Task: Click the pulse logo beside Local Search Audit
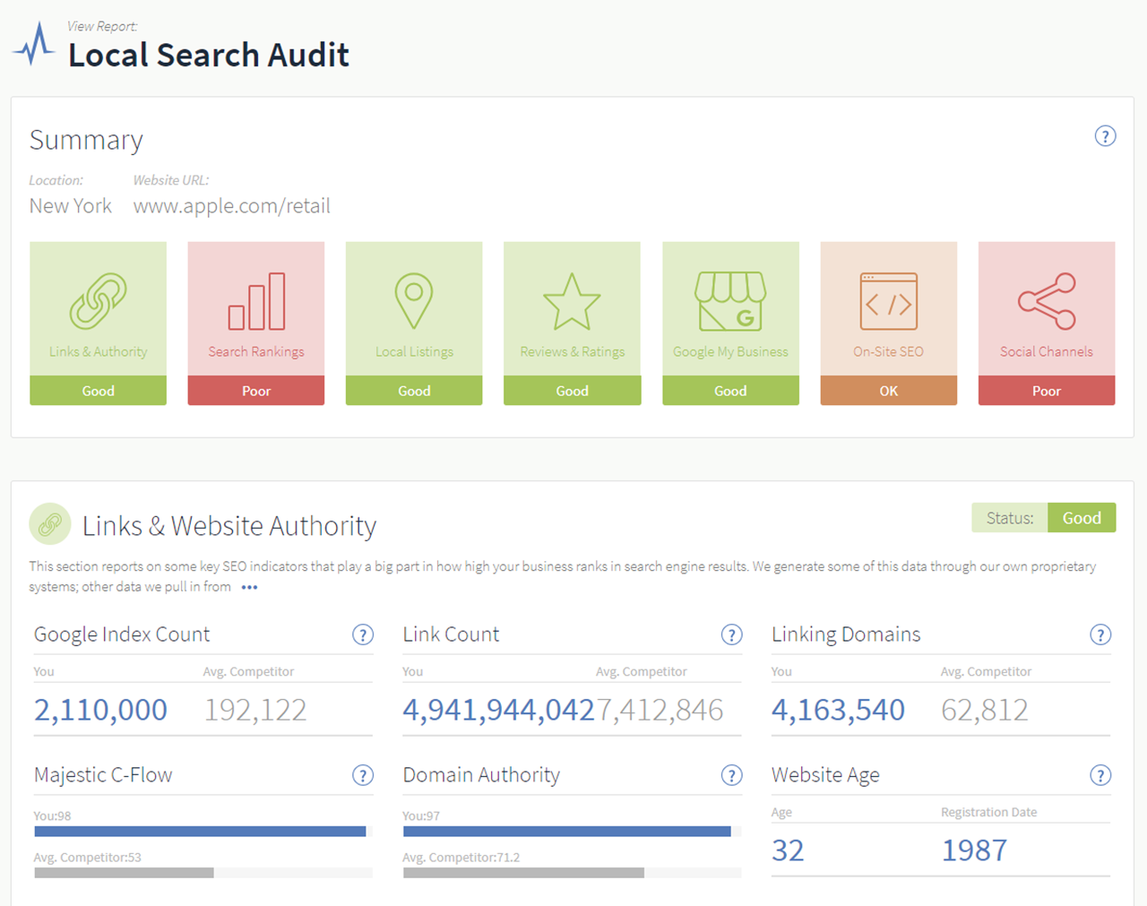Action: (x=34, y=44)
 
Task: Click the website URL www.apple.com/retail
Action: (x=231, y=206)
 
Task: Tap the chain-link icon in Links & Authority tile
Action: (x=98, y=301)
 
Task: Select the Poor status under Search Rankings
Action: (x=256, y=391)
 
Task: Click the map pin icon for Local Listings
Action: (x=414, y=301)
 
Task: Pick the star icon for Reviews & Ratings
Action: (x=572, y=302)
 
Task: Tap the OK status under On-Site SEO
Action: (x=888, y=391)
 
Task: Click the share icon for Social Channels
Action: (x=1047, y=301)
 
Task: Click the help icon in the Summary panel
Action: (x=1105, y=136)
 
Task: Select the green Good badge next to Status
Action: (x=1082, y=518)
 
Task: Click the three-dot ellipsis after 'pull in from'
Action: (x=249, y=588)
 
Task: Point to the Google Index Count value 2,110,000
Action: (x=100, y=710)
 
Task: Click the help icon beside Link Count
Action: (x=731, y=635)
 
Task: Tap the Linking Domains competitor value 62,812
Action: (x=984, y=710)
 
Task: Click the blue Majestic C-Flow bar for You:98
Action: (x=200, y=832)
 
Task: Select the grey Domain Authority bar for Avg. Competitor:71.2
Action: (x=523, y=873)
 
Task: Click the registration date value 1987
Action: (x=974, y=850)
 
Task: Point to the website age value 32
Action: (x=788, y=850)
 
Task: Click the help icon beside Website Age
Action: (x=1100, y=776)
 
